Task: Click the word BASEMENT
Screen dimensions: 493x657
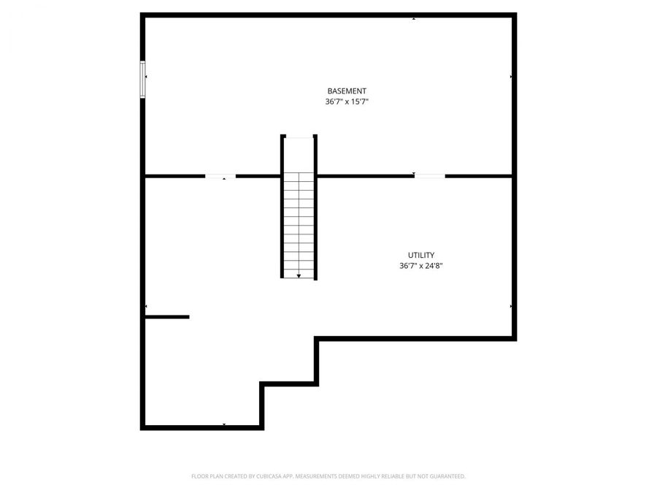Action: (x=347, y=91)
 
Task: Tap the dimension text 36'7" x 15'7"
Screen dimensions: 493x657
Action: (x=347, y=102)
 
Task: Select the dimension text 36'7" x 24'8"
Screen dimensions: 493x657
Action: (x=421, y=267)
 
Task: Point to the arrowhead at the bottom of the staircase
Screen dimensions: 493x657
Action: (x=299, y=275)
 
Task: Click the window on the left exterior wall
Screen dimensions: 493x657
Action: (x=143, y=78)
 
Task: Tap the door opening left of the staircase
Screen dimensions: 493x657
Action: (x=220, y=176)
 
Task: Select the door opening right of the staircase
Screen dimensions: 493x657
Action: (x=429, y=176)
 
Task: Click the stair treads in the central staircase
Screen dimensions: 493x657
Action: (x=299, y=219)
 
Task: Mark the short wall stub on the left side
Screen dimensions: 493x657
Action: (x=167, y=317)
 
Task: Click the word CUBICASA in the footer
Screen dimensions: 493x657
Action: (x=269, y=476)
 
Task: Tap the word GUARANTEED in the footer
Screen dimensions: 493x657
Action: (x=445, y=476)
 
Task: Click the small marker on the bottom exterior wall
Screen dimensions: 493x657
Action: (x=223, y=424)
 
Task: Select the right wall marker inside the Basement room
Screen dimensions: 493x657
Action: (x=510, y=77)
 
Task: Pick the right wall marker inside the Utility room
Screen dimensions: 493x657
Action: (x=510, y=307)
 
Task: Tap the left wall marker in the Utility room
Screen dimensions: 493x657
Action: (x=147, y=307)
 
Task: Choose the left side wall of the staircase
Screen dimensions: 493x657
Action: (x=283, y=207)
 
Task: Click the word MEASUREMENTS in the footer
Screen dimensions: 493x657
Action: (x=317, y=476)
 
